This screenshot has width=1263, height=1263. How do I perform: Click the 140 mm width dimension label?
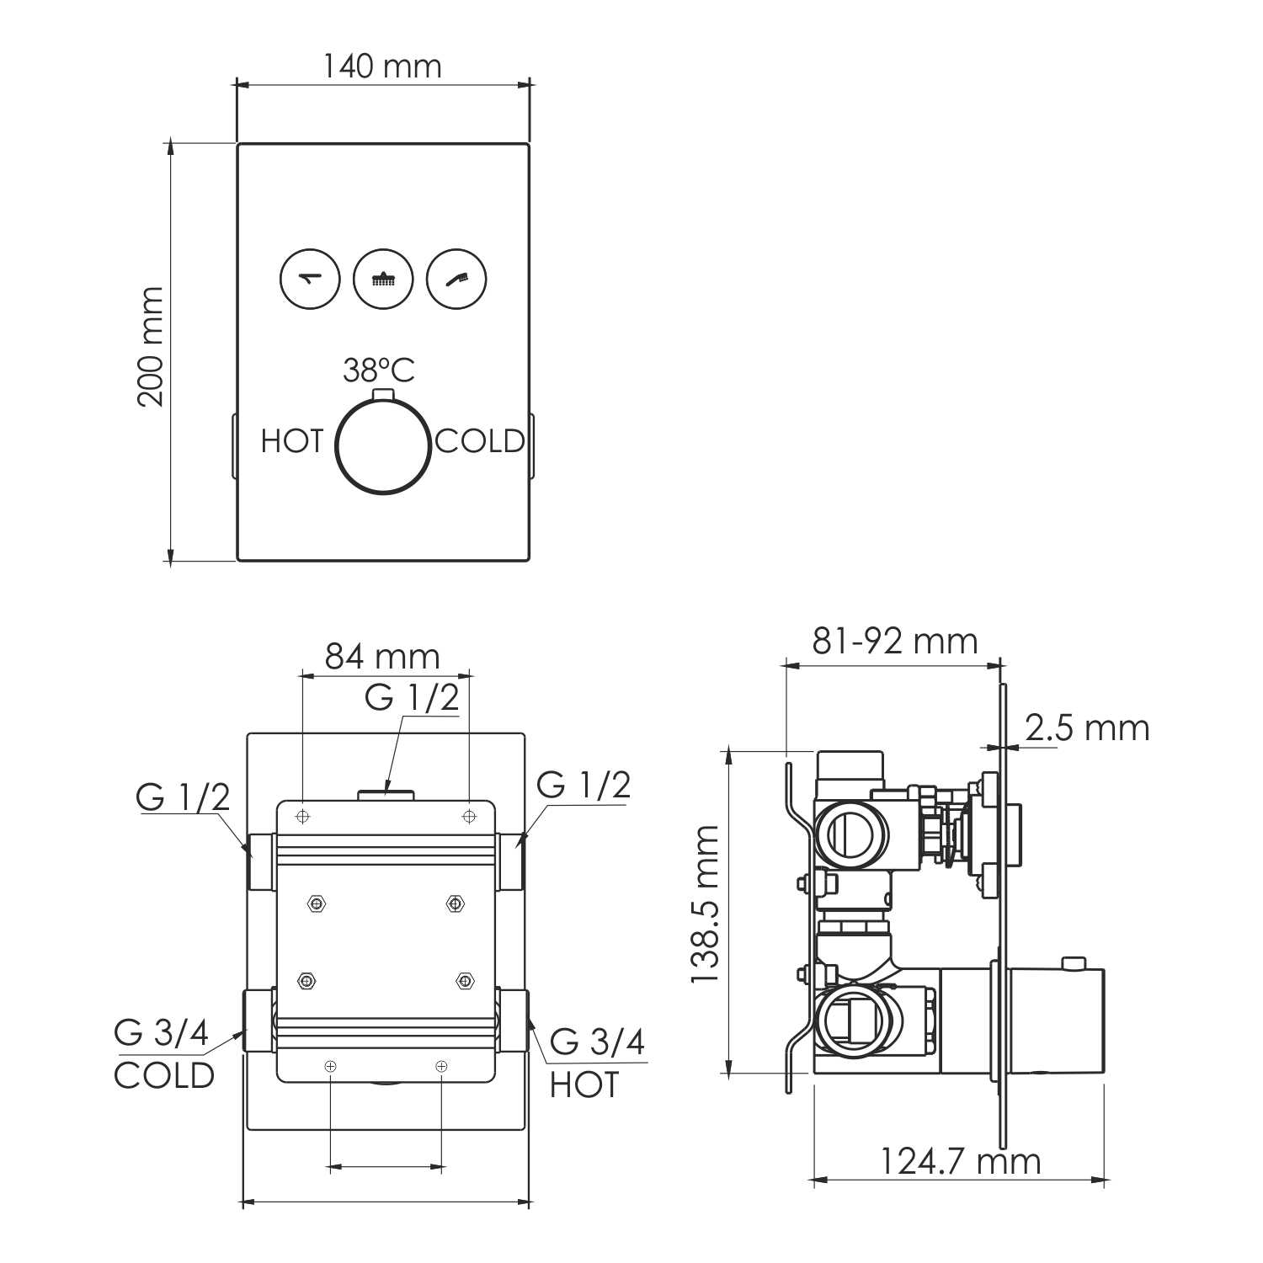(382, 66)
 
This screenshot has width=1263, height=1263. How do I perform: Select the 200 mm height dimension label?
(152, 346)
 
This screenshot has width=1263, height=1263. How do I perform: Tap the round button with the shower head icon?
(383, 279)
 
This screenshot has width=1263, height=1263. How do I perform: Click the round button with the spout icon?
(310, 279)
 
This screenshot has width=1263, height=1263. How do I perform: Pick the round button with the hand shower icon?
(456, 279)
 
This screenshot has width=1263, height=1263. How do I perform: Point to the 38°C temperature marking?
(379, 370)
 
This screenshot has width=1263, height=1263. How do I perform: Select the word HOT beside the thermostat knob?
(291, 441)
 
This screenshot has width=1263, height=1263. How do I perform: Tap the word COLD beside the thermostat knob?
(480, 441)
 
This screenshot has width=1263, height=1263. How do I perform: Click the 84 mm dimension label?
(383, 656)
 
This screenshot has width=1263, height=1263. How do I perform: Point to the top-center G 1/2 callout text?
(413, 697)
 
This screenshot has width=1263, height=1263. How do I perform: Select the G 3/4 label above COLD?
(162, 1034)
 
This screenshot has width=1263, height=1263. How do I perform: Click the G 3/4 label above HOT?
(597, 1042)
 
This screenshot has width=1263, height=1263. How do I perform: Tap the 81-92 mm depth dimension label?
(895, 642)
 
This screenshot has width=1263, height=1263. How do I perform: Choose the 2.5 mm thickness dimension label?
(1087, 728)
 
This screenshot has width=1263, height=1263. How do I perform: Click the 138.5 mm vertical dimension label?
(705, 904)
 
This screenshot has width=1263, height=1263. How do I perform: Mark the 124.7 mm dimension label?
(960, 1162)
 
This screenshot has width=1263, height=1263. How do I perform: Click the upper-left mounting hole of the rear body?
(303, 816)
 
